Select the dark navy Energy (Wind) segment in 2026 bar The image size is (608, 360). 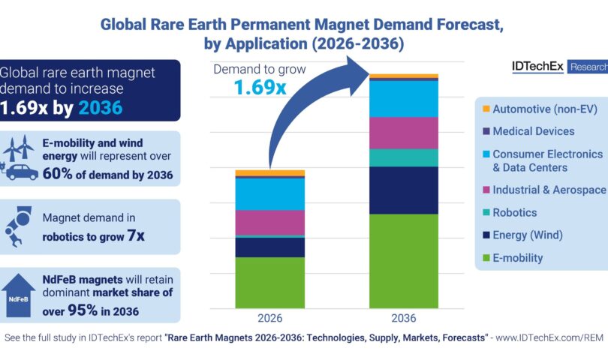[270, 247]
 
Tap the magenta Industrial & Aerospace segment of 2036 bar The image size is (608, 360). [404, 133]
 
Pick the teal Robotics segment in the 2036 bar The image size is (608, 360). [404, 157]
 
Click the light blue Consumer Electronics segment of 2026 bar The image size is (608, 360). [270, 194]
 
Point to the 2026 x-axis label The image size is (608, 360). [270, 317]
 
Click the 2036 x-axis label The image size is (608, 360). [404, 317]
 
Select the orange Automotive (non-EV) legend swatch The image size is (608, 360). [486, 109]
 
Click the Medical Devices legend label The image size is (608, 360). [533, 131]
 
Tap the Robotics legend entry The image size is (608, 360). [514, 213]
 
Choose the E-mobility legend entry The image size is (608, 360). [517, 258]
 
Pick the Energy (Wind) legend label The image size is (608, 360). [527, 235]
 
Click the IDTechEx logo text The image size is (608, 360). [534, 67]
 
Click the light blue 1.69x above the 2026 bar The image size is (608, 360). [260, 88]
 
